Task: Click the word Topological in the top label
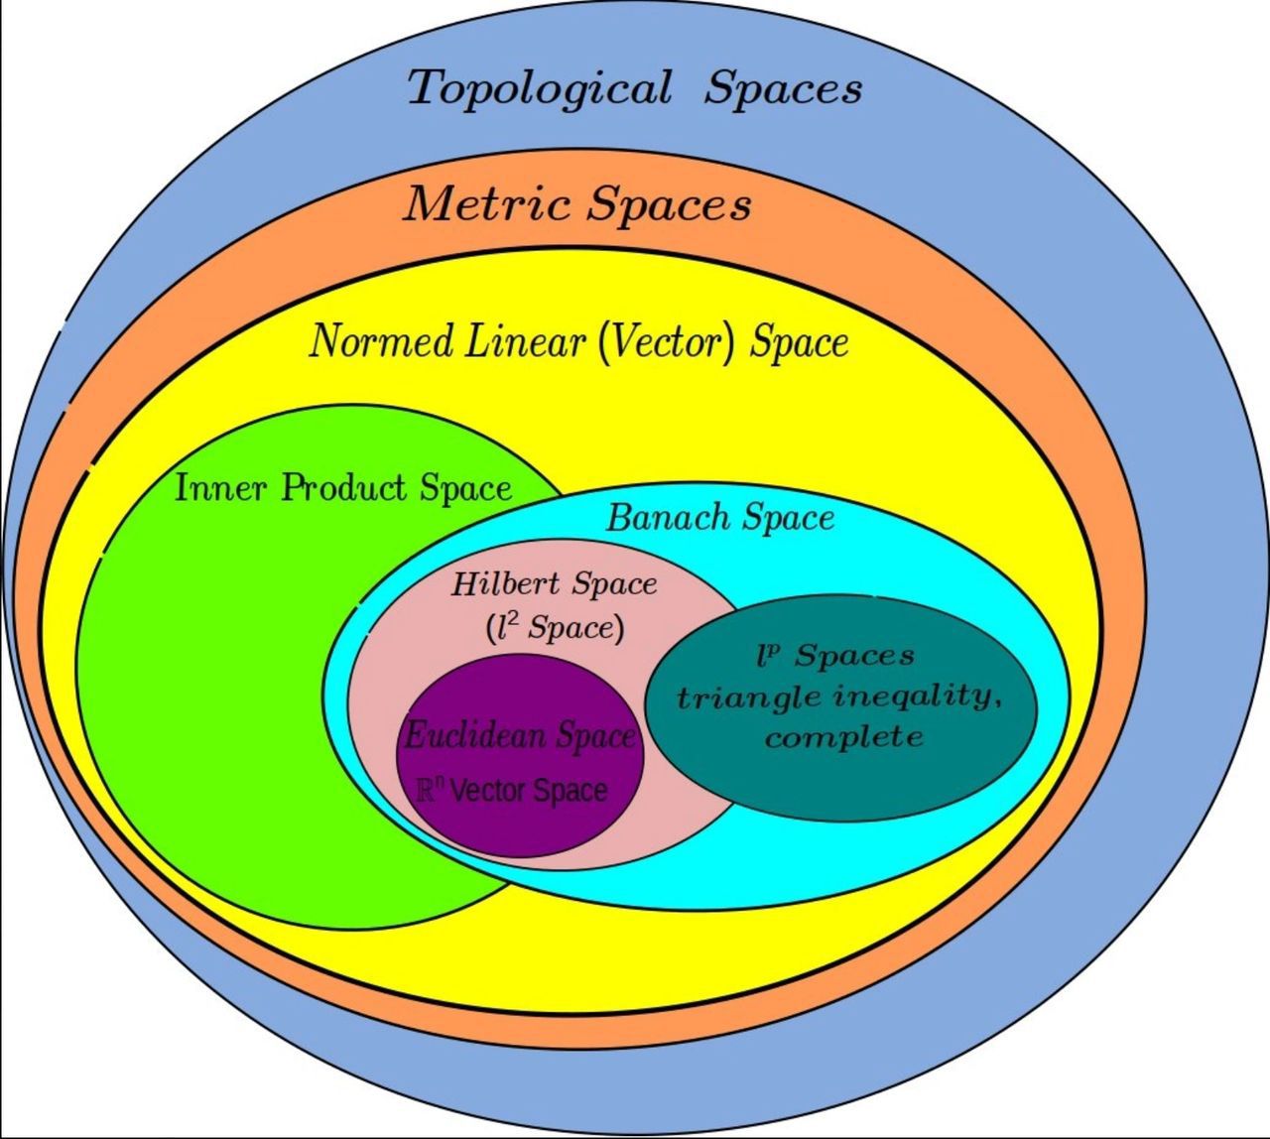coord(540,88)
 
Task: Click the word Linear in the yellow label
coord(525,341)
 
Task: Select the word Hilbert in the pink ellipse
coord(505,583)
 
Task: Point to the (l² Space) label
coord(556,627)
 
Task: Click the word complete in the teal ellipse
coord(843,737)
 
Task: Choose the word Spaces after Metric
coord(667,205)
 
